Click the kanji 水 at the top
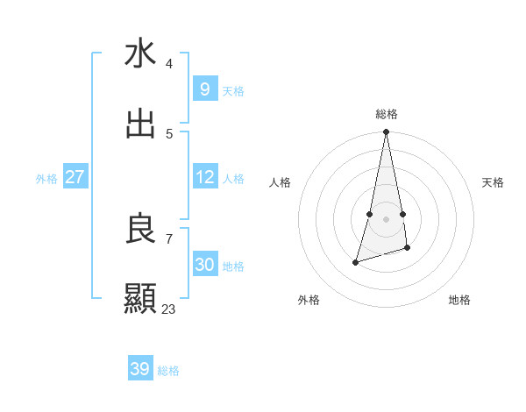[140, 54]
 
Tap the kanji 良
[140, 229]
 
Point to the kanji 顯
[140, 299]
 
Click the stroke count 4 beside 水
[169, 64]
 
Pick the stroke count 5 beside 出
[169, 134]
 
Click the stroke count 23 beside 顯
[168, 309]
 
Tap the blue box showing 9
[204, 89]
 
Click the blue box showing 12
[204, 177]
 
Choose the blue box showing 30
[204, 265]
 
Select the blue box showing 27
[75, 177]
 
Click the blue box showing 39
[140, 369]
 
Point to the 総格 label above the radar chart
[386, 114]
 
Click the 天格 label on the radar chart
[493, 182]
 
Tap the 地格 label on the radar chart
[459, 300]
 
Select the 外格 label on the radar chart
[309, 300]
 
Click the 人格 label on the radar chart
[281, 182]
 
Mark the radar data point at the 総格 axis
[386, 132]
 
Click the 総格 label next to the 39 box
[168, 371]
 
